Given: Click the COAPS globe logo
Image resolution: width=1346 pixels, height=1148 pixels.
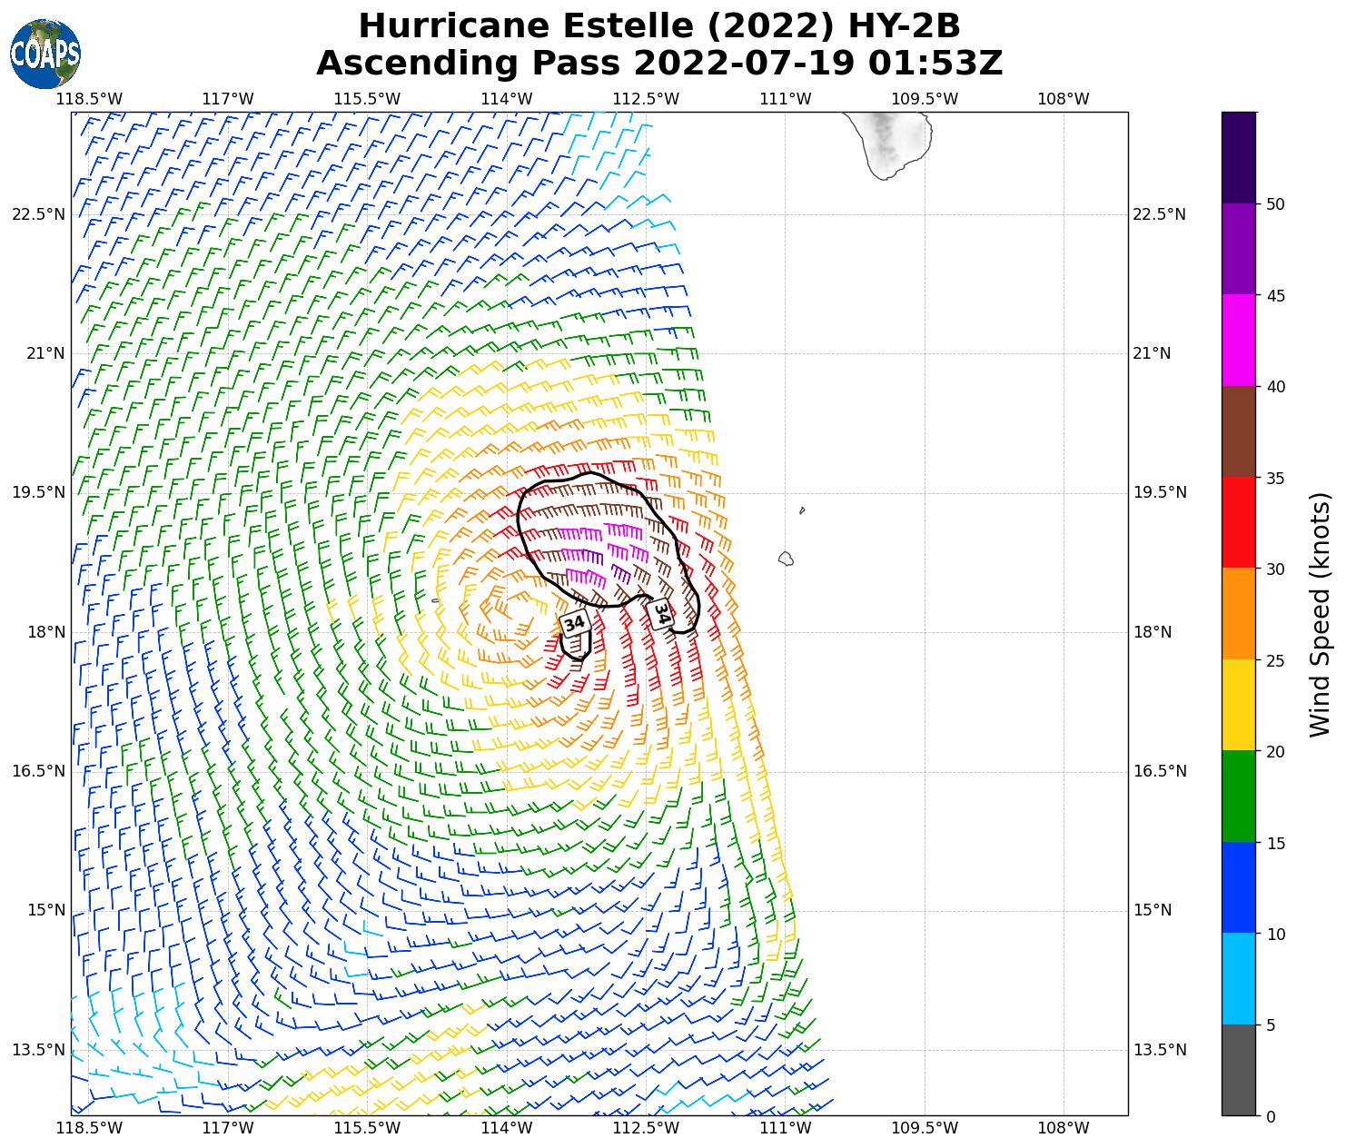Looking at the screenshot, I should click(x=45, y=54).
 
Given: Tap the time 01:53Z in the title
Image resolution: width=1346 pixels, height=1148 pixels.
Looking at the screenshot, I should click(x=935, y=64).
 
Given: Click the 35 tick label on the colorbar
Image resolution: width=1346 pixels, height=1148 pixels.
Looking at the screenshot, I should click(x=1275, y=479).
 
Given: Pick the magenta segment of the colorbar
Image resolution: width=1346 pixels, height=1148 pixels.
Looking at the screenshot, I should click(x=1239, y=341).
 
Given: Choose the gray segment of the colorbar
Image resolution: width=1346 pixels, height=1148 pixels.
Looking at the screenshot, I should click(x=1239, y=1070).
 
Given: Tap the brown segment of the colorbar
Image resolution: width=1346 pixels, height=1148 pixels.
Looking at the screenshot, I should click(x=1239, y=431).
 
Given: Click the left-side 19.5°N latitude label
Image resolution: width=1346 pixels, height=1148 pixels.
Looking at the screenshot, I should click(x=38, y=493).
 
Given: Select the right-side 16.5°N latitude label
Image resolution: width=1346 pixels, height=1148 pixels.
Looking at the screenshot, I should click(x=1159, y=771).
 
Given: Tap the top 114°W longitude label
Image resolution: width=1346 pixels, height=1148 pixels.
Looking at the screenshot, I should click(x=506, y=98).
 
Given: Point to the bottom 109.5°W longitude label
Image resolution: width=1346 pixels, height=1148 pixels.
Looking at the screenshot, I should click(x=925, y=1128).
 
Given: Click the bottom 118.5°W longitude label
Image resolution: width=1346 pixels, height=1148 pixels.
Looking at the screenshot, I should click(x=88, y=1128).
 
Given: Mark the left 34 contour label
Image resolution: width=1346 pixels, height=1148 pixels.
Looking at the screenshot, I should click(x=574, y=623).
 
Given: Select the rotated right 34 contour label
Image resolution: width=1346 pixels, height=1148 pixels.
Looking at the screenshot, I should click(x=662, y=614).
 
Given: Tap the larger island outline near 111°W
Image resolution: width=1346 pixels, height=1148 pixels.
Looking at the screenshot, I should click(x=787, y=559).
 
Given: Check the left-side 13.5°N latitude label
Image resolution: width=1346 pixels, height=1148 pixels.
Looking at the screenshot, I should click(x=38, y=1050).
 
